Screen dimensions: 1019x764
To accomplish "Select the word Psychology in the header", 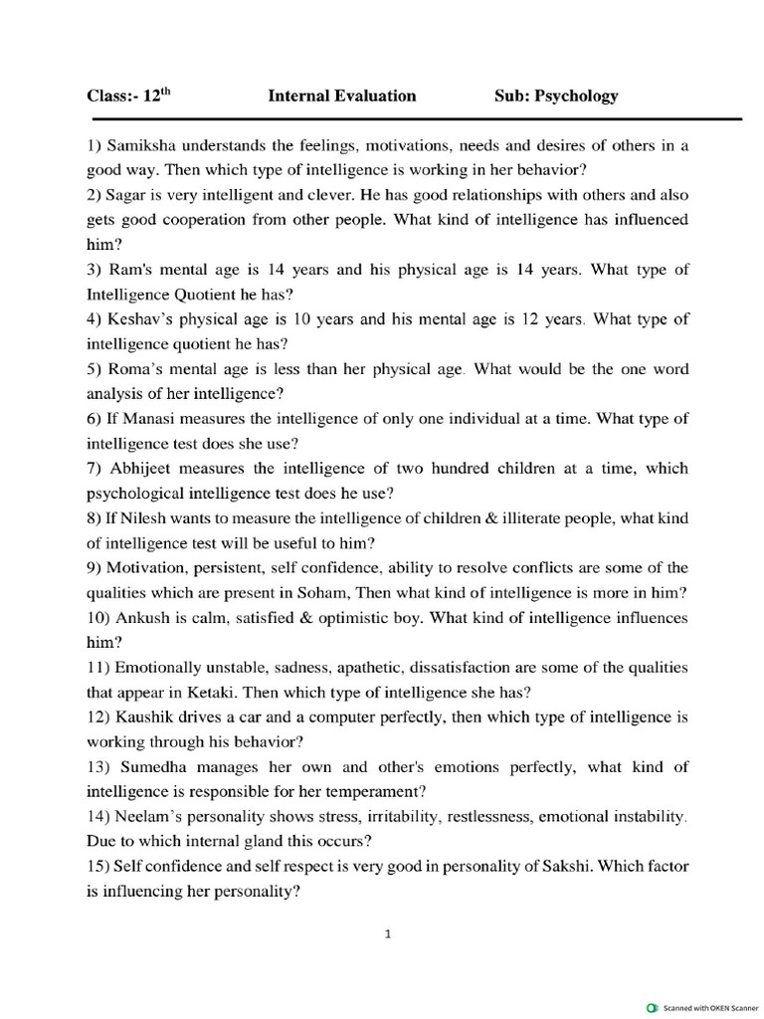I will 576,97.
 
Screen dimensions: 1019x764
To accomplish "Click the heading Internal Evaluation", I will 342,97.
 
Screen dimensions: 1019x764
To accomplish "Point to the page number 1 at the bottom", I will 387,934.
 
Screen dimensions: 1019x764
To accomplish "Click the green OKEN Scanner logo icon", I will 652,1007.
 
